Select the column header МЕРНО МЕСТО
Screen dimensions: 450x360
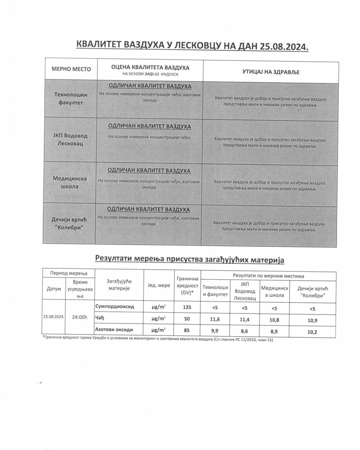[x=71, y=69]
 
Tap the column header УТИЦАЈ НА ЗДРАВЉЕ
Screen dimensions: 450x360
[x=271, y=72]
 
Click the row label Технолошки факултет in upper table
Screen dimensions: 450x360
[x=70, y=98]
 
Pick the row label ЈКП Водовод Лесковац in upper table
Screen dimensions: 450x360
[x=70, y=140]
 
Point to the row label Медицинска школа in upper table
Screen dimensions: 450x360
[x=69, y=182]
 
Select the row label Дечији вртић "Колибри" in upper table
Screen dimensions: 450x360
[x=69, y=223]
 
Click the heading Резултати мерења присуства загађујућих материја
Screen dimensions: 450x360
[x=190, y=259]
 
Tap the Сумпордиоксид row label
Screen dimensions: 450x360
[x=114, y=306]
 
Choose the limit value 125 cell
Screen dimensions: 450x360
[x=187, y=307]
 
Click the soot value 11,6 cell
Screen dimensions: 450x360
[x=215, y=319]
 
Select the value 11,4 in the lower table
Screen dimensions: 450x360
[x=245, y=320]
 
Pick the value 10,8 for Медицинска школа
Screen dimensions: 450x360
[x=274, y=320]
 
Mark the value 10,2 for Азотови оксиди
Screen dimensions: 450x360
[x=312, y=332]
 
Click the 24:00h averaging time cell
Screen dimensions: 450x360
[x=79, y=317]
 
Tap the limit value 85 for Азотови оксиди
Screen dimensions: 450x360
[x=187, y=330]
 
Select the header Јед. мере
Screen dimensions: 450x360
[x=159, y=285]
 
